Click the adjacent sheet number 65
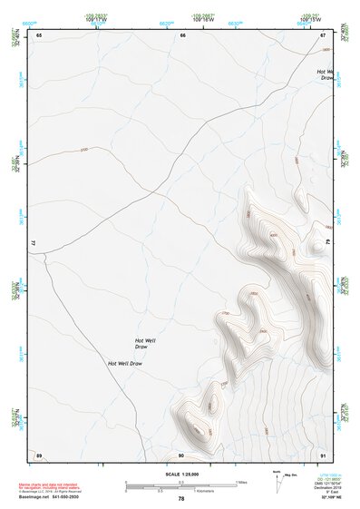(39, 34)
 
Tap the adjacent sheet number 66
(182, 34)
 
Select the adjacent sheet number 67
(323, 34)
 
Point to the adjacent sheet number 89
(39, 455)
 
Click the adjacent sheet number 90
(181, 455)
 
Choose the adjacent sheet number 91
(323, 455)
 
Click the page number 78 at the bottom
(181, 499)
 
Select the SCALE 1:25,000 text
(181, 474)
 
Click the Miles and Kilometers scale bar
(181, 485)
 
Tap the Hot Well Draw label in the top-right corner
(326, 74)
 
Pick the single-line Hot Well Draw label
(125, 363)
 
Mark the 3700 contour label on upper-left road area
(84, 149)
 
